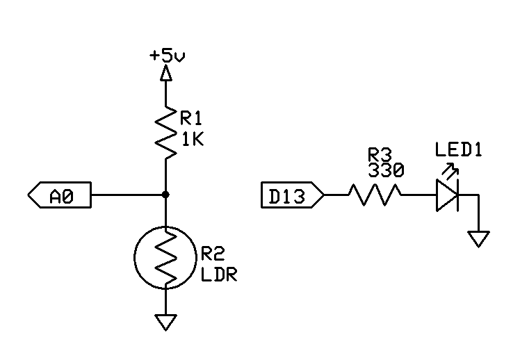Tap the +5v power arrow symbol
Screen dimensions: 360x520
[166, 72]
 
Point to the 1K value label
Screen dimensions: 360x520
[193, 139]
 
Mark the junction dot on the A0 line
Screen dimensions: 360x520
[166, 195]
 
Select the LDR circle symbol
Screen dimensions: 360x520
[166, 258]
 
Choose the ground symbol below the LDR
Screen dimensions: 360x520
[166, 322]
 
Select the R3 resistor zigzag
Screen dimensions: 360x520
[375, 195]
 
